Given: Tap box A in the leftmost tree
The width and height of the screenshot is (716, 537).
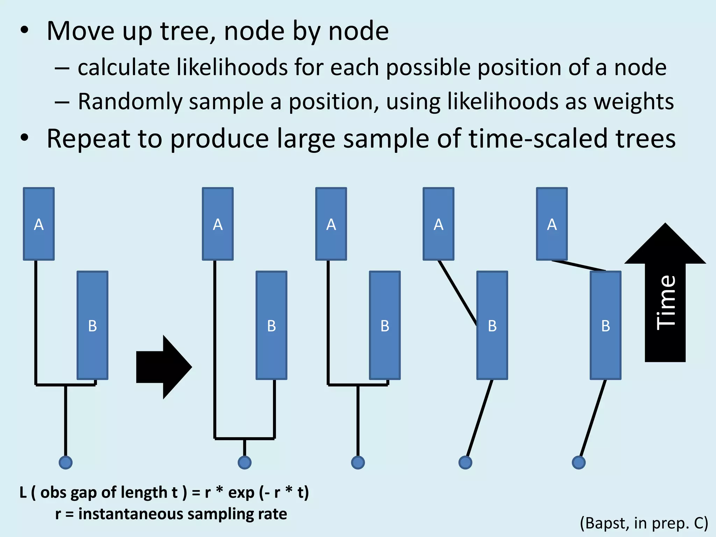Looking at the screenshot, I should [39, 224].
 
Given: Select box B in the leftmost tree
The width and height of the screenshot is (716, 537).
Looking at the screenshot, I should [92, 325].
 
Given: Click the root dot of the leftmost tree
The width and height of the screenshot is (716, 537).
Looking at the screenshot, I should [65, 462].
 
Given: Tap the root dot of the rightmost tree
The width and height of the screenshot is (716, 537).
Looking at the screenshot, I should [579, 462].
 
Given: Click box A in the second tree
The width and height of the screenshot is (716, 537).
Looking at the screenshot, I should [218, 224].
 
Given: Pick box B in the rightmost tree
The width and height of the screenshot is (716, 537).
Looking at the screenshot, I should [606, 325].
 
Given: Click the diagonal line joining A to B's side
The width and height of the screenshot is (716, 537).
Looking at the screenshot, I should [458, 293].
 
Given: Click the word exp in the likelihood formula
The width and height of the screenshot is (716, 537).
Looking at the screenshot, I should [241, 492].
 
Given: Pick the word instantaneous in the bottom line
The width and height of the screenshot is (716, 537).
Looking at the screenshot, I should [130, 514].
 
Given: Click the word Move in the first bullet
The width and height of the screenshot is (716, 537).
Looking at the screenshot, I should [81, 31].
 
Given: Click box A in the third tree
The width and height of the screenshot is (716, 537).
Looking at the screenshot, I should [331, 224].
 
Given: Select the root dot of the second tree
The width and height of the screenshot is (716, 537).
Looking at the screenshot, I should [244, 462].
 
